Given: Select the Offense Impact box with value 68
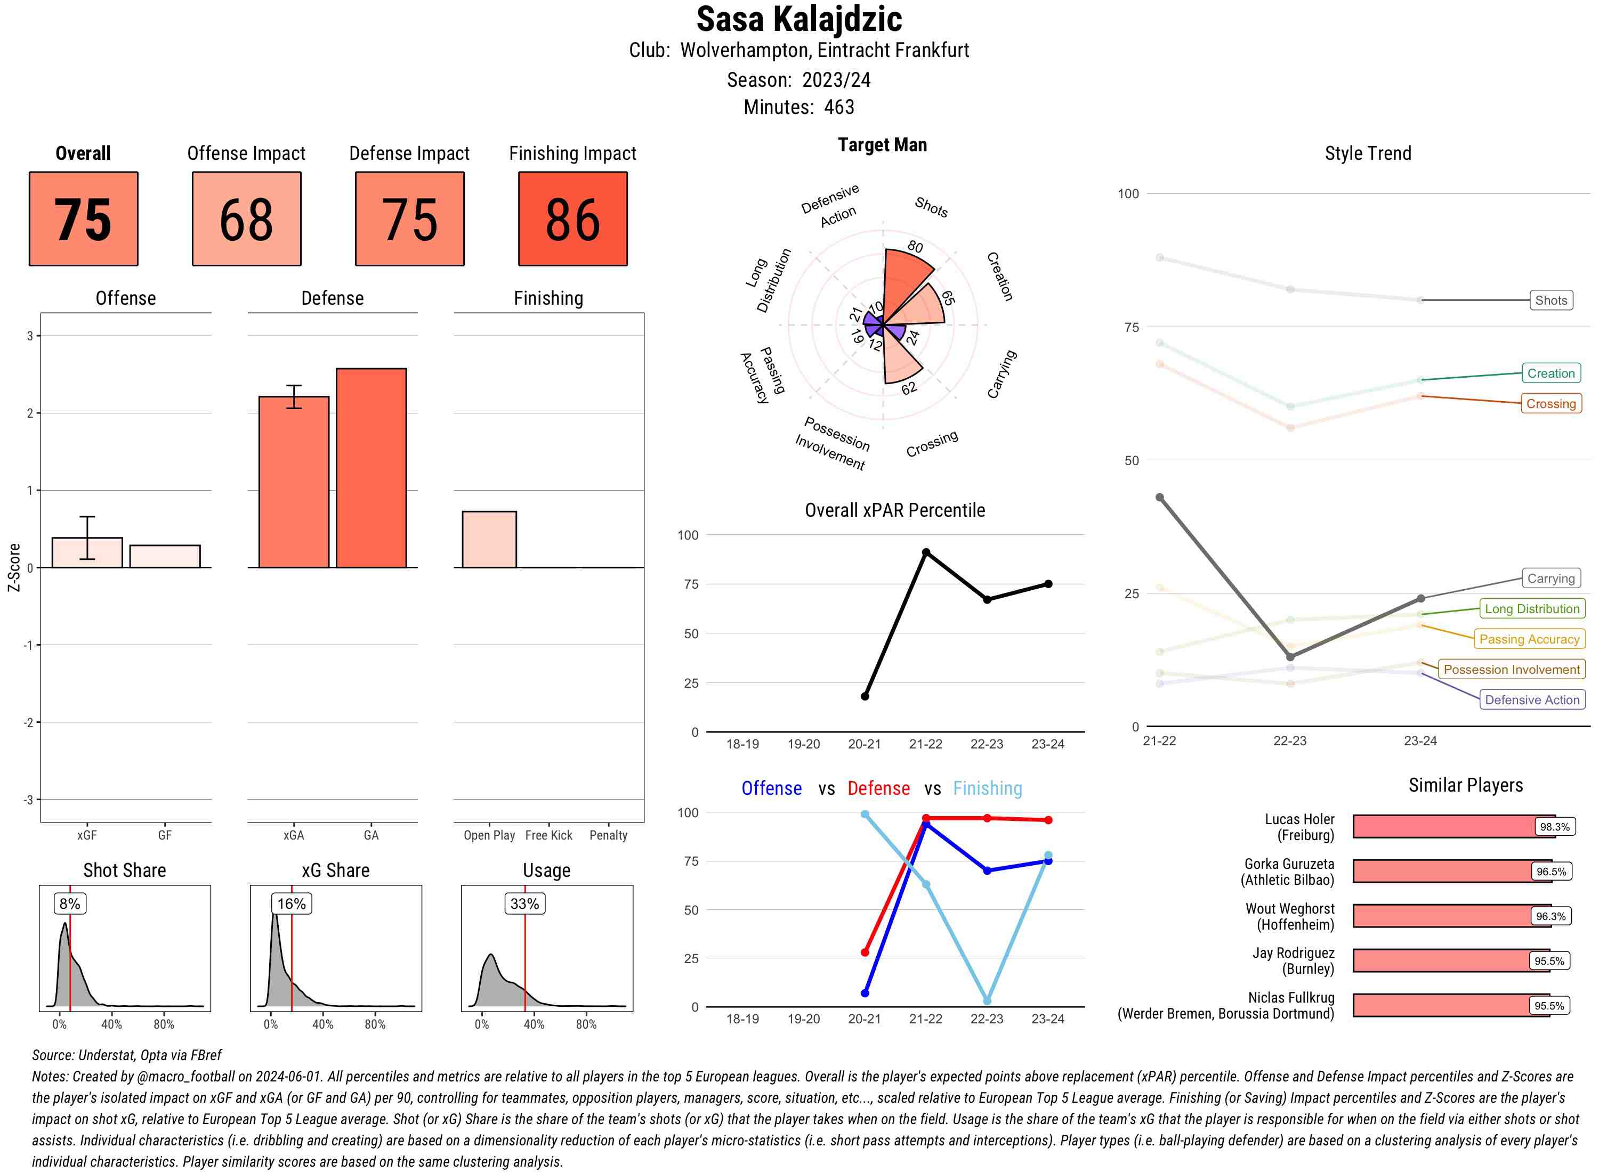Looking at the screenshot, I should (x=246, y=218).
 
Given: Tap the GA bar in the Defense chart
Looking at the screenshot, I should (x=371, y=468).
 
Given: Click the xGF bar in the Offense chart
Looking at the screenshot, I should (x=87, y=552).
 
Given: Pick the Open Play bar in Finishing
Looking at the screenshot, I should (x=489, y=539).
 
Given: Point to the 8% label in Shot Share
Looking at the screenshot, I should (x=69, y=903).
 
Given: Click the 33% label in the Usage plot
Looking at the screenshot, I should (x=524, y=903).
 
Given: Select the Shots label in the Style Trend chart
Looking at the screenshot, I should (x=1550, y=300).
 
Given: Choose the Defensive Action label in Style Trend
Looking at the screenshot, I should (x=1532, y=699).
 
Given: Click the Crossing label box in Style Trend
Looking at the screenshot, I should (x=1550, y=404).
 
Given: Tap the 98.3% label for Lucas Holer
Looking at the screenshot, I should (x=1554, y=826).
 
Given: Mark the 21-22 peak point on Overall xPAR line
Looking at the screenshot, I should (x=925, y=552).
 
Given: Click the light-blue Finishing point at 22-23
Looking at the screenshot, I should (x=987, y=1000).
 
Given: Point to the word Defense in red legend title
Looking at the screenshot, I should (x=878, y=788).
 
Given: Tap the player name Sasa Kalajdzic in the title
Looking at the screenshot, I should (x=798, y=19).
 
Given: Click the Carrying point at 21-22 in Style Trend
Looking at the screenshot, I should (x=1160, y=498).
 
